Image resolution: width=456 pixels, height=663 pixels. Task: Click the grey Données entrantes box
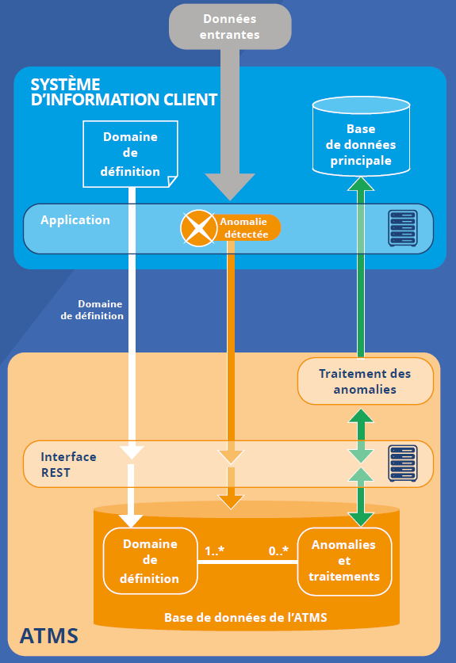coord(230,26)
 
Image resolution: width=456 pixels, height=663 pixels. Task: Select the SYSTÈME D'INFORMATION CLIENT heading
coord(124,92)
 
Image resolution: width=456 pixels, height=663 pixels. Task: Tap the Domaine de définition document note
coord(130,154)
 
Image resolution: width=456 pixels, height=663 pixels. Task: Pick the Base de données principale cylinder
coord(361,136)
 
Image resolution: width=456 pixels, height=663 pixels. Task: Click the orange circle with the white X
coord(198,228)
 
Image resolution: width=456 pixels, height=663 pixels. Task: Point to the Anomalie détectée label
coord(244,228)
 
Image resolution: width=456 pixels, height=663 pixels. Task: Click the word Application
coord(75,220)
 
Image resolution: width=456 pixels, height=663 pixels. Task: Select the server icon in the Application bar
coord(403,228)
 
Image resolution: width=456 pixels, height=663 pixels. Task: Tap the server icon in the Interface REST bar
coord(403,463)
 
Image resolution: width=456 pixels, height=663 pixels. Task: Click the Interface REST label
coord(68,464)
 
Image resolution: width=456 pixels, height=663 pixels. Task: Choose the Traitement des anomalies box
coord(366,381)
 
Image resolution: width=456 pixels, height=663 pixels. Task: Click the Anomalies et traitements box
coord(344,561)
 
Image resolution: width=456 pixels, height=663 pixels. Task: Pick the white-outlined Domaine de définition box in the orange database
coord(151,561)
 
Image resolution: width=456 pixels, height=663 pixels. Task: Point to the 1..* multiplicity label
coord(214,551)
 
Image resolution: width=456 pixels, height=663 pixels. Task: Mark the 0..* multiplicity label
coord(278,551)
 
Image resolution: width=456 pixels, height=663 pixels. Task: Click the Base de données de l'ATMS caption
coord(246,618)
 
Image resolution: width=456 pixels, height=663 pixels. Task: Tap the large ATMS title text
coord(49,636)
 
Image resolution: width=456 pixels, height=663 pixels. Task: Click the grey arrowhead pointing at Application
coord(230,186)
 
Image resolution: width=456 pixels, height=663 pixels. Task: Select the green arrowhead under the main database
coord(361,185)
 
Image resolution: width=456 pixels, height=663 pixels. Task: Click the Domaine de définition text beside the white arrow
coord(92,310)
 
